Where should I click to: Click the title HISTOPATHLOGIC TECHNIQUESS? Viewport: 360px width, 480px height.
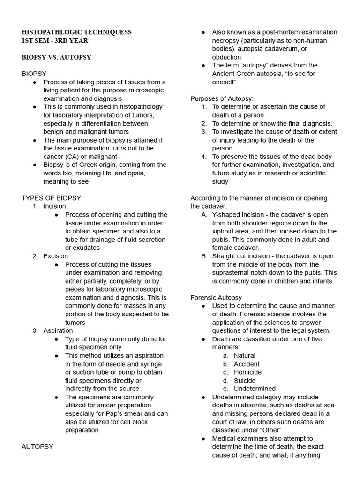click(76, 32)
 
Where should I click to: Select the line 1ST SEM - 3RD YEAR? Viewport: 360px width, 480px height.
click(55, 41)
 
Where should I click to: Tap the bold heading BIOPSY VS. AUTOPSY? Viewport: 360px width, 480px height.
click(56, 57)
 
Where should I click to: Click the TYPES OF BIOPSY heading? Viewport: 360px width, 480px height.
click(51, 198)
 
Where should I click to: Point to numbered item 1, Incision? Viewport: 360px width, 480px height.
click(54, 206)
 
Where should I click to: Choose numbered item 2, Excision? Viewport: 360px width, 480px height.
click(55, 256)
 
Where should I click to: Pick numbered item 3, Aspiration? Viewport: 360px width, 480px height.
click(58, 330)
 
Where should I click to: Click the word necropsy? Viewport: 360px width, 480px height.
click(227, 41)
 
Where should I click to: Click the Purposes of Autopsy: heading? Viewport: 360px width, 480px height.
click(222, 98)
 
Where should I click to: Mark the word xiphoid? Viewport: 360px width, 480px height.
click(224, 231)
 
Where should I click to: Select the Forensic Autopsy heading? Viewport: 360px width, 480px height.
click(216, 298)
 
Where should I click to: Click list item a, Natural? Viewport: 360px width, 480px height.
click(244, 355)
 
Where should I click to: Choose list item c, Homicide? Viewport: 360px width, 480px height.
click(247, 372)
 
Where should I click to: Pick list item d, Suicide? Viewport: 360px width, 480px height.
click(245, 380)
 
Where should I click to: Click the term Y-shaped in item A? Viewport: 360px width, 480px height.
click(226, 215)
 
